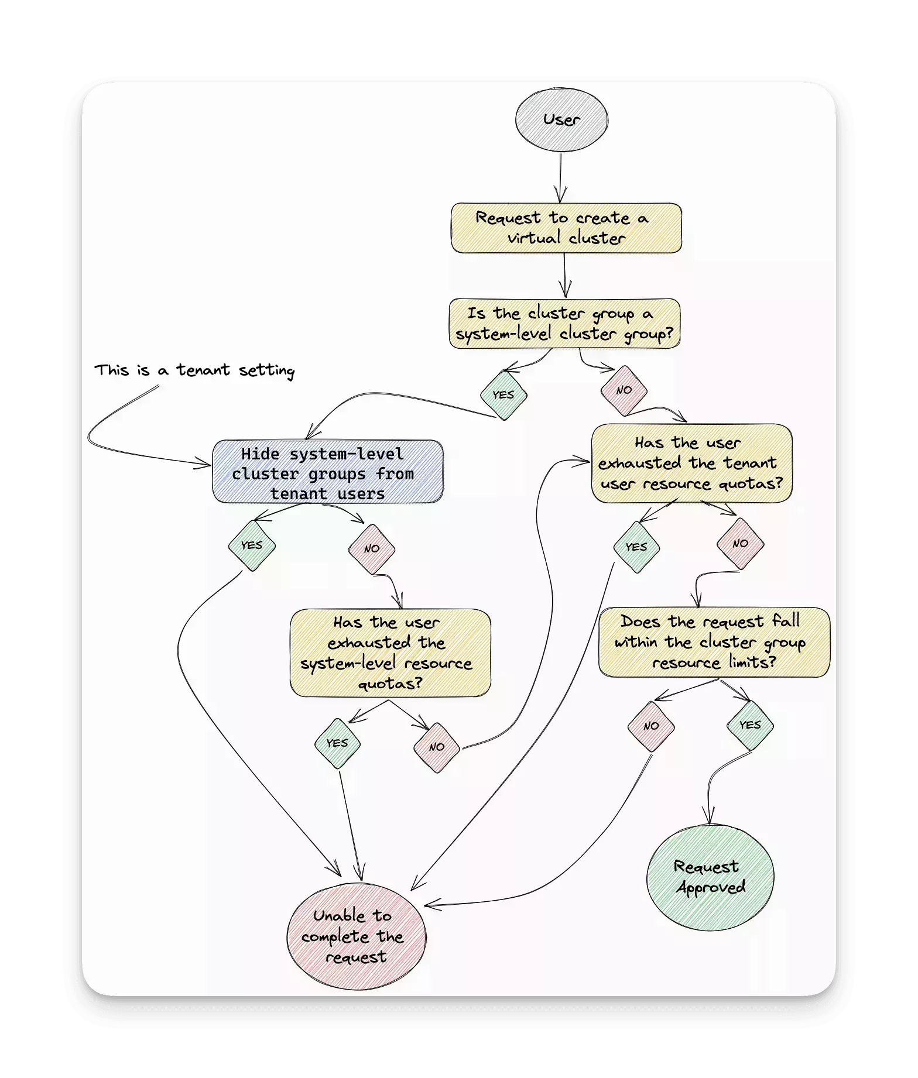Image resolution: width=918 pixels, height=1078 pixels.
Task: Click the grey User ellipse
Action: pyautogui.click(x=561, y=119)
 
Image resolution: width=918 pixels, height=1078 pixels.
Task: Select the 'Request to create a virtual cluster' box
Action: pyautogui.click(x=566, y=228)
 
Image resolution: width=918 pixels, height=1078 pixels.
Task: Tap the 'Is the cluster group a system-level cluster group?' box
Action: pyautogui.click(x=564, y=324)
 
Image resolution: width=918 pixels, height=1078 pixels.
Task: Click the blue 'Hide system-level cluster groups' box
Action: pyautogui.click(x=327, y=472)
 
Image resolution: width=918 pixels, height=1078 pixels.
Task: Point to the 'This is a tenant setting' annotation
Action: pyautogui.click(x=194, y=370)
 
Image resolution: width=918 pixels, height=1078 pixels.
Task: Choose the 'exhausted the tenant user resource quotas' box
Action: pyautogui.click(x=691, y=463)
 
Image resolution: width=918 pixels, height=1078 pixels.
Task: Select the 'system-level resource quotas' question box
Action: pyautogui.click(x=390, y=653)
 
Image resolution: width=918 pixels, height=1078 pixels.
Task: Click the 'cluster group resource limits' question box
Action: pyautogui.click(x=714, y=642)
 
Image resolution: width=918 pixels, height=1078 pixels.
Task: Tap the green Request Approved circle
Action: pyautogui.click(x=710, y=877)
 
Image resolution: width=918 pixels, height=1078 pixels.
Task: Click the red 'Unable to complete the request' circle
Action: pyautogui.click(x=357, y=936)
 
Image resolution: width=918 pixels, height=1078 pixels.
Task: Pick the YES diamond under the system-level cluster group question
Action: pyautogui.click(x=503, y=395)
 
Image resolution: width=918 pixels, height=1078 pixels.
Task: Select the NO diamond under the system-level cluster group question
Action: pyautogui.click(x=624, y=390)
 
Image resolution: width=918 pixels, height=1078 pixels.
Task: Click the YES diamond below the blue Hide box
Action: pyautogui.click(x=252, y=545)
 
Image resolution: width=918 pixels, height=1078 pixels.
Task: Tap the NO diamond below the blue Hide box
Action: pyautogui.click(x=372, y=549)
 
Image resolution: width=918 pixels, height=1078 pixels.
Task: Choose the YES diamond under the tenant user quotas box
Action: pyautogui.click(x=636, y=547)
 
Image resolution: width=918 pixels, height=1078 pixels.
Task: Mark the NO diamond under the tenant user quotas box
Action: pyautogui.click(x=741, y=544)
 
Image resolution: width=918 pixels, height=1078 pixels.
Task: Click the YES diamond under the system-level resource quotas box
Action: pyautogui.click(x=337, y=743)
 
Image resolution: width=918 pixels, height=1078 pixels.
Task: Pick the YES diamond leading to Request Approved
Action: pyautogui.click(x=750, y=726)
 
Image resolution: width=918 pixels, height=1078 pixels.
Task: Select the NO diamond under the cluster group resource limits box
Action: pyautogui.click(x=651, y=726)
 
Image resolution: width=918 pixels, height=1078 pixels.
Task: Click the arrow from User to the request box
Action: pyautogui.click(x=561, y=176)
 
